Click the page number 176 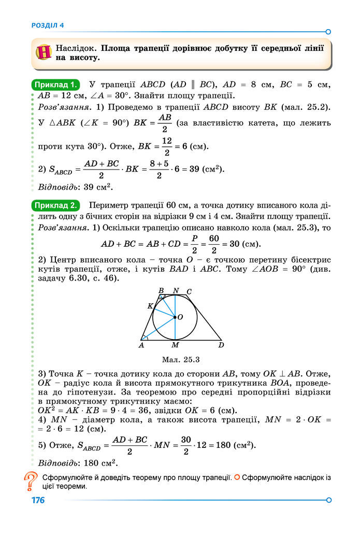pyautogui.click(x=38, y=500)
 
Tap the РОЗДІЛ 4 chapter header pyautogui.click(x=48, y=25)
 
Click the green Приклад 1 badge pyautogui.click(x=56, y=85)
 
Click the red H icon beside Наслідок pyautogui.click(x=45, y=52)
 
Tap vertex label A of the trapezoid pyautogui.click(x=141, y=345)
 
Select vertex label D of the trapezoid pyautogui.click(x=221, y=345)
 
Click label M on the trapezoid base pyautogui.click(x=175, y=345)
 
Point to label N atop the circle pyautogui.click(x=176, y=291)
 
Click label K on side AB pyautogui.click(x=150, y=306)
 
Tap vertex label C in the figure pyautogui.click(x=189, y=292)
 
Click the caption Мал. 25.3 pyautogui.click(x=180, y=358)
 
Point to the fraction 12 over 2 pyautogui.click(x=167, y=146)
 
